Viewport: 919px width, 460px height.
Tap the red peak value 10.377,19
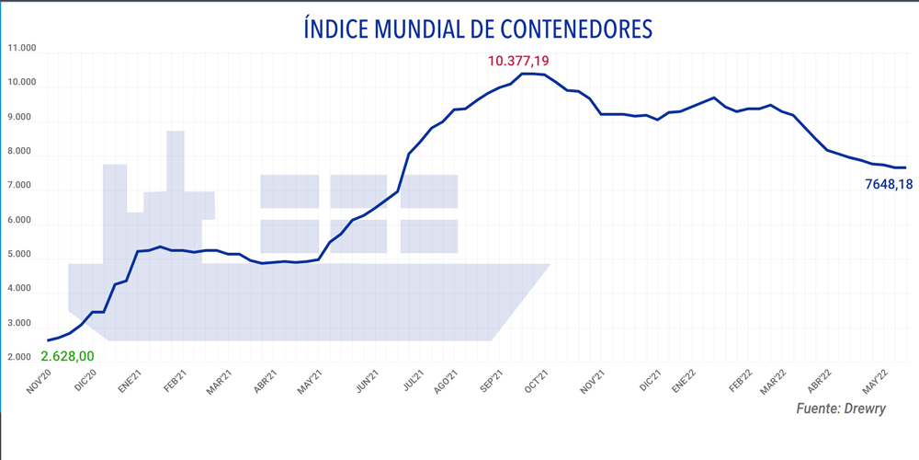tap(518, 62)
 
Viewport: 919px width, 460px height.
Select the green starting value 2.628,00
tap(67, 355)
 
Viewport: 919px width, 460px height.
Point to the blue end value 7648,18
tap(889, 184)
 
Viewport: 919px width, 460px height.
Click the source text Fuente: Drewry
tap(841, 408)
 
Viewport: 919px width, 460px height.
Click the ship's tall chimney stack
tap(176, 161)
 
